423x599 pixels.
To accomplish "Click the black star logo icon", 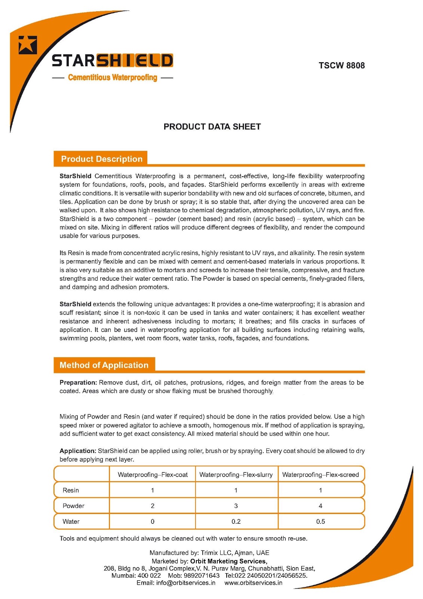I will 28,45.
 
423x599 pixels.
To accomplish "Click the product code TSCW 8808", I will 341,66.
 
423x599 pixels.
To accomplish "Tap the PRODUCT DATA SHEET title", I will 212,127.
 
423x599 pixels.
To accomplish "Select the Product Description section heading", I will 102,159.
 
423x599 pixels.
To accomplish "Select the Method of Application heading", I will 104,365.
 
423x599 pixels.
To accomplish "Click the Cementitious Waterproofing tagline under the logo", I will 113,77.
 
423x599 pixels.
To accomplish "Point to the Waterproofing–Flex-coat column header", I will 153,475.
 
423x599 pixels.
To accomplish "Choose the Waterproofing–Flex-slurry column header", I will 236,475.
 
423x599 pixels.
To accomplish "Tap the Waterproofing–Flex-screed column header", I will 321,475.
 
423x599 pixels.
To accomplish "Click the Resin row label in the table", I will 71,490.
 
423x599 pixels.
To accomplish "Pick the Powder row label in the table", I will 73,506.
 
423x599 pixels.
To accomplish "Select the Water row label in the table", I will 71,522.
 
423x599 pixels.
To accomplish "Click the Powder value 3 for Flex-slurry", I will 236,506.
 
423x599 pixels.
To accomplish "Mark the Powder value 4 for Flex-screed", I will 321,506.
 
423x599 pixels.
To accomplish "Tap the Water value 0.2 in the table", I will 236,522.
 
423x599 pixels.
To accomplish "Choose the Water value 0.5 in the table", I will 321,522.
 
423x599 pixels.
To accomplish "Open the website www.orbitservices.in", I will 253,583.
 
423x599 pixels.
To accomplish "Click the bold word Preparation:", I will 78,382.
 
